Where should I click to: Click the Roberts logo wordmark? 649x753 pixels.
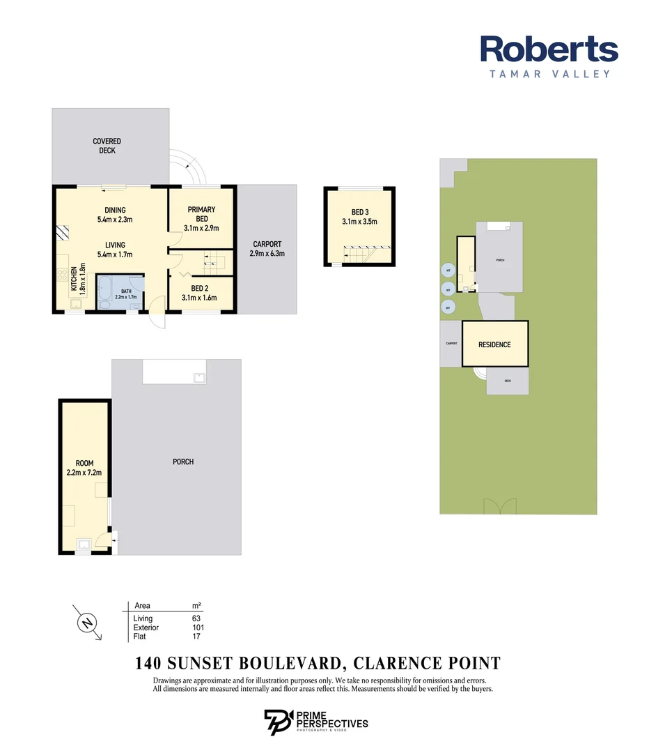point(549,50)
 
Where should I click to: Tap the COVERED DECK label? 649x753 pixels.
point(107,146)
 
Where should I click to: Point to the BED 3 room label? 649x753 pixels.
point(359,217)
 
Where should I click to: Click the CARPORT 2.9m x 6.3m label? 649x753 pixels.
point(267,249)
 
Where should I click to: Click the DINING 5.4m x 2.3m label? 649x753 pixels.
point(115,215)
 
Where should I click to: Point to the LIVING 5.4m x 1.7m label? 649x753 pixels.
point(115,250)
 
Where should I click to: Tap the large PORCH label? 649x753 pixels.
point(183,462)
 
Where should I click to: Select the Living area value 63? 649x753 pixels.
point(196,618)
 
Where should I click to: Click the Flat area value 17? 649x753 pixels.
point(196,637)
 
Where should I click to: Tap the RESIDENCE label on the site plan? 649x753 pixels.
point(494,344)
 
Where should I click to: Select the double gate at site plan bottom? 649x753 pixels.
point(503,505)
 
